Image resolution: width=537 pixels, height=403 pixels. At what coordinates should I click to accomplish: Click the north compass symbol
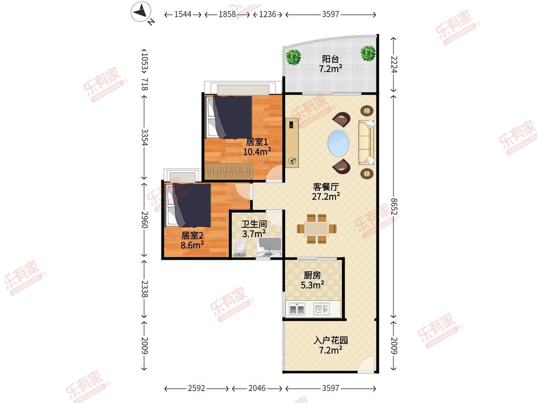click(x=141, y=12)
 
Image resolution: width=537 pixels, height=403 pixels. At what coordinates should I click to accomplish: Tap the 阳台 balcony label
click(x=330, y=59)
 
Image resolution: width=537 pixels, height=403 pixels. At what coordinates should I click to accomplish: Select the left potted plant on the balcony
click(x=294, y=56)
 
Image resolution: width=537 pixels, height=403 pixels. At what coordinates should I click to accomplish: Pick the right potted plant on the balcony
click(x=368, y=53)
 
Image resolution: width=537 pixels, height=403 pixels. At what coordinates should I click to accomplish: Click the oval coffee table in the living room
click(x=338, y=143)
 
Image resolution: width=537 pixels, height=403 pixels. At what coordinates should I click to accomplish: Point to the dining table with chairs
click(x=317, y=229)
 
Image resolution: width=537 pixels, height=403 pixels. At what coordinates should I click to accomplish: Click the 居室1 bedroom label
click(x=257, y=141)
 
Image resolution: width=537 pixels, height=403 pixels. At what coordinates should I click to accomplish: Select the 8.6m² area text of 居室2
click(x=192, y=245)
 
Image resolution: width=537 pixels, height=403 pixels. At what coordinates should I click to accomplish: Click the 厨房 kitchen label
click(x=312, y=275)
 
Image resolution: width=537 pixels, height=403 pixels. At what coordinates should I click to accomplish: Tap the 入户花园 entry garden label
click(x=330, y=340)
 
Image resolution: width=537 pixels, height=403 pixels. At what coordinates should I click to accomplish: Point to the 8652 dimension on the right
click(x=394, y=206)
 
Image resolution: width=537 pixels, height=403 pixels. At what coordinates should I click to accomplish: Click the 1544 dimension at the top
click(x=182, y=14)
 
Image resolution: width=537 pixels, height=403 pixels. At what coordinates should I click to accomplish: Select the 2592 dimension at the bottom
click(x=196, y=388)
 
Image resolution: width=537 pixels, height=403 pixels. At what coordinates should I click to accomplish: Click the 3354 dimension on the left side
click(x=145, y=137)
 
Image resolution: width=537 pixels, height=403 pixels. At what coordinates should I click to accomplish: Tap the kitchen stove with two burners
click(x=297, y=309)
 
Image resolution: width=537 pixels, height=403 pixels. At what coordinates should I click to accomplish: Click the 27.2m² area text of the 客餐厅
click(x=326, y=196)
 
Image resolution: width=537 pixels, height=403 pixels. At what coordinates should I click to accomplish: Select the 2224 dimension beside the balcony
click(x=394, y=64)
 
